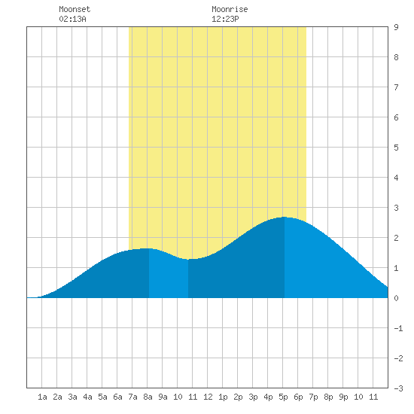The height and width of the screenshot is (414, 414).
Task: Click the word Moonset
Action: point(75,9)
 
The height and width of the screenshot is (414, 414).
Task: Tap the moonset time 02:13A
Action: point(72,19)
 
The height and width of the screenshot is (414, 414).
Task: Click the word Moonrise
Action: point(230,9)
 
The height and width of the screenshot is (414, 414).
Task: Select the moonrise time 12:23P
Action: point(225,19)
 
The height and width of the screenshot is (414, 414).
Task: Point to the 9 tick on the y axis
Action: point(396,27)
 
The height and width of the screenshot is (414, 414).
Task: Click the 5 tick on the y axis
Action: point(396,148)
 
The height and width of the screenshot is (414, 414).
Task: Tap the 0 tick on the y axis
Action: point(396,298)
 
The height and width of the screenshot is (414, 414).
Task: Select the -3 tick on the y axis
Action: point(398,388)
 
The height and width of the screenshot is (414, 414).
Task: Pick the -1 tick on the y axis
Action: point(398,328)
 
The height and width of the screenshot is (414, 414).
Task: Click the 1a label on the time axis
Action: point(42,397)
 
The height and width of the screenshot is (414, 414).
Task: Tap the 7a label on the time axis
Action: point(132,397)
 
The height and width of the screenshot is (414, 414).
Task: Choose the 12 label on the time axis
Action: point(208,397)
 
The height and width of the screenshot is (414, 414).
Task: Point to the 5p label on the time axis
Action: point(283,397)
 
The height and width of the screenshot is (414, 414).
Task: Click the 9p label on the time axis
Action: point(343,397)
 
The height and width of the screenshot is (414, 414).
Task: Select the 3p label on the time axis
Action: point(253,397)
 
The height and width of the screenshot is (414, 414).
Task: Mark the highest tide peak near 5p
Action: point(285,217)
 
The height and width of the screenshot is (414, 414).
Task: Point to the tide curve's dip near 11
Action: point(188,259)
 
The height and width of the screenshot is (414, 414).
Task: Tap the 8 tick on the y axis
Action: point(396,57)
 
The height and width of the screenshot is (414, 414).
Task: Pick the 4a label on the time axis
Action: point(87,397)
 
